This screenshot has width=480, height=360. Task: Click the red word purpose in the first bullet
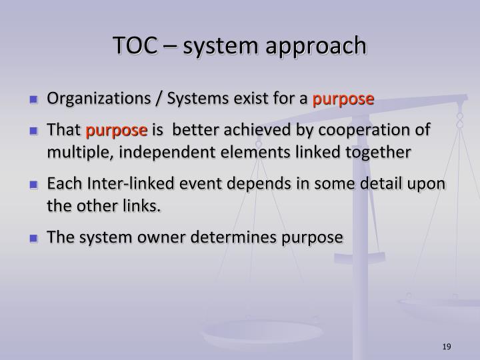click(343, 100)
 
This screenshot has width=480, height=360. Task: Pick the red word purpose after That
click(120, 129)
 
